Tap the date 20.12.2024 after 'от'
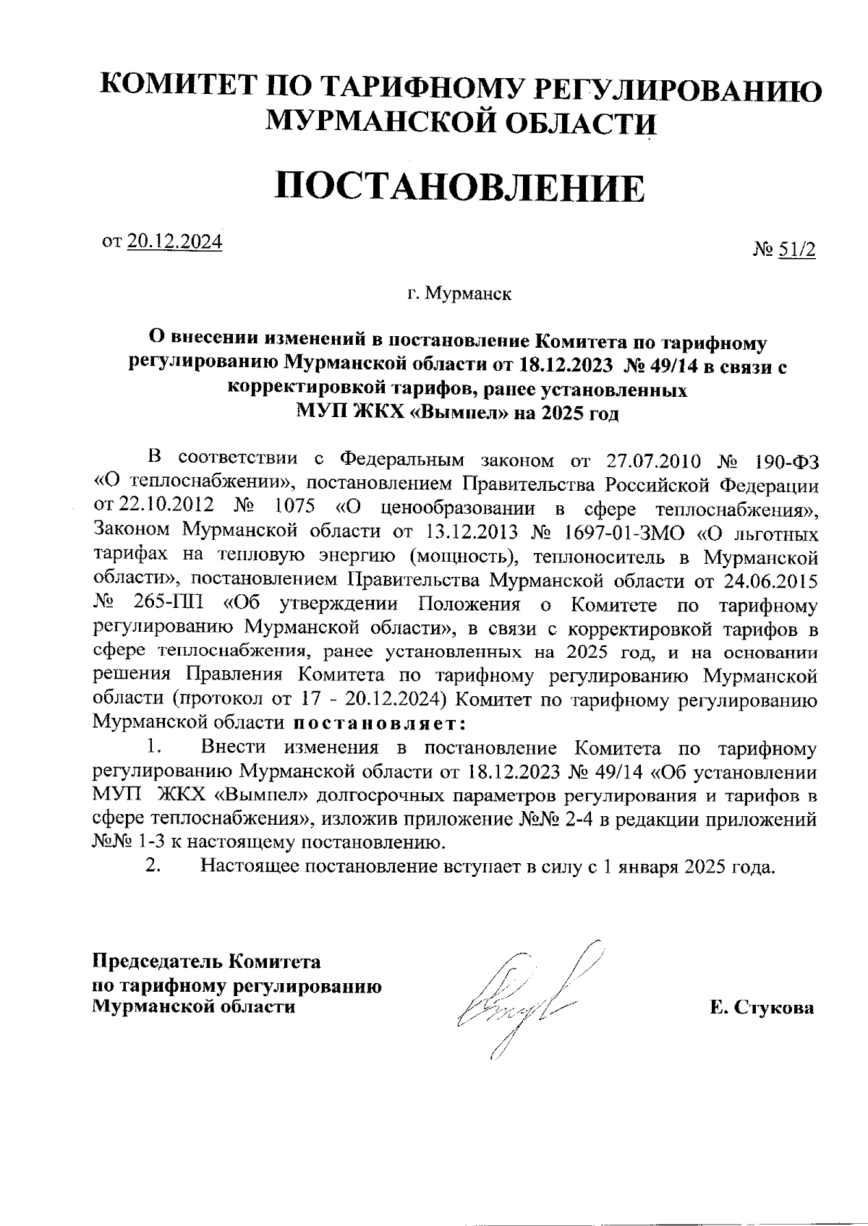pyautogui.click(x=174, y=241)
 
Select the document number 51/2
pyautogui.click(x=796, y=250)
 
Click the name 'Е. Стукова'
pyautogui.click(x=762, y=1008)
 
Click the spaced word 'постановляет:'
pyautogui.click(x=378, y=723)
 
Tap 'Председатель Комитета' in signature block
pyautogui.click(x=206, y=962)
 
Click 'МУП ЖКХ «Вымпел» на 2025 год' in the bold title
pyautogui.click(x=458, y=413)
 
